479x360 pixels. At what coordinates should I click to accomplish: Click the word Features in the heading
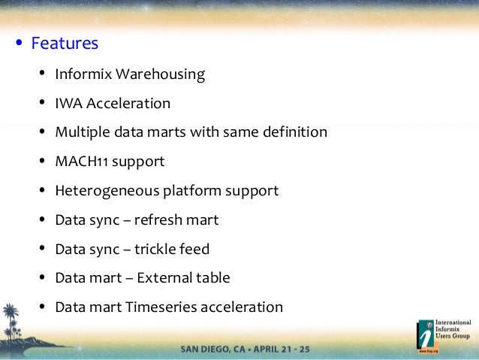pyautogui.click(x=65, y=44)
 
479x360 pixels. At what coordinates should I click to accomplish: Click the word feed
pyautogui.click(x=194, y=249)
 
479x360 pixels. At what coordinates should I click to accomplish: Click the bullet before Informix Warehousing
pyautogui.click(x=41, y=74)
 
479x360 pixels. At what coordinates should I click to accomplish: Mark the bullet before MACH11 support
pyautogui.click(x=41, y=162)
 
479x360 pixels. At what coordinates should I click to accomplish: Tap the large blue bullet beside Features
pyautogui.click(x=18, y=44)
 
